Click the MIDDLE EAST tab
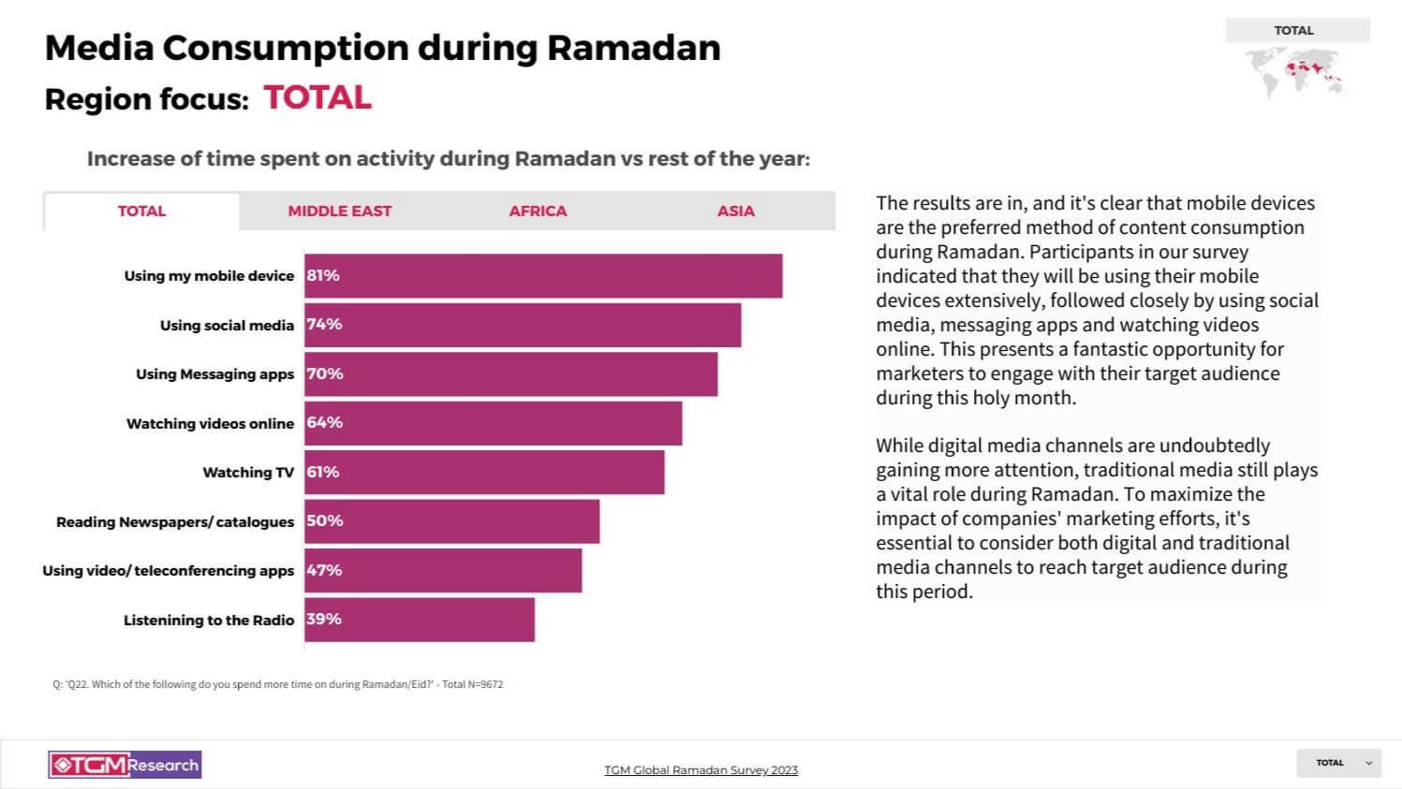coord(339,212)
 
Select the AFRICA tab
coord(538,212)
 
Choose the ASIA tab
coord(735,212)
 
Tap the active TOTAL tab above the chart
coord(141,212)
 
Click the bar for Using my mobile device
coord(543,276)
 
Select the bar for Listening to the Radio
coord(420,620)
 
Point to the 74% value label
coord(324,325)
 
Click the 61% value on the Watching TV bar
coord(323,473)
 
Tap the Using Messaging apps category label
coord(214,374)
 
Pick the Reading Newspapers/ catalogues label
coord(175,522)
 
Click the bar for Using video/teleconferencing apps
coord(443,571)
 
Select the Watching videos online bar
coord(494,423)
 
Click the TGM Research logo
coord(125,765)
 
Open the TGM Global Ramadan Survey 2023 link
coord(701,770)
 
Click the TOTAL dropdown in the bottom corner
coord(1339,763)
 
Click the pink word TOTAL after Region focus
coord(317,98)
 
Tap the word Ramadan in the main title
coord(634,48)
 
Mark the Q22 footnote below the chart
coord(278,684)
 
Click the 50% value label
coord(325,521)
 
